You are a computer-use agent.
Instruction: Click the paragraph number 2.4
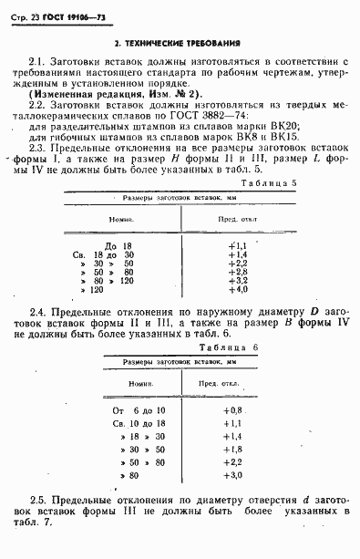[x=40, y=312]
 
